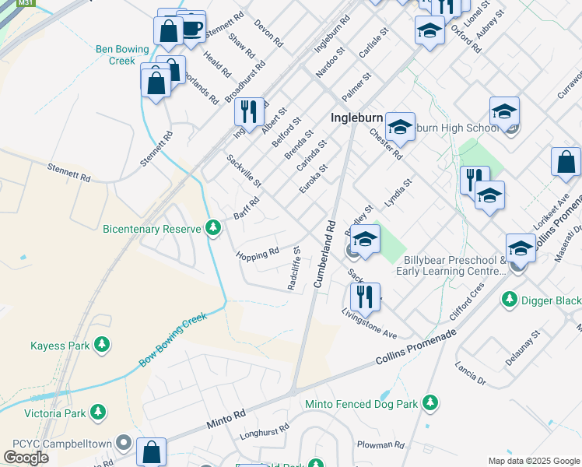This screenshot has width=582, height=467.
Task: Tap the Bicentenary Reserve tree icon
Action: tap(214, 228)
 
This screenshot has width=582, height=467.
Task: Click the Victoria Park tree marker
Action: tap(98, 410)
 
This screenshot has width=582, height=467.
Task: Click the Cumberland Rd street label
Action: tap(325, 255)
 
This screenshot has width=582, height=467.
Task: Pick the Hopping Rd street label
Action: tap(258, 255)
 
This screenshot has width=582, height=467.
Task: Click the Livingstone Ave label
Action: tap(370, 322)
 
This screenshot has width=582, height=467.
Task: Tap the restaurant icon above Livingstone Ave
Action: tap(364, 297)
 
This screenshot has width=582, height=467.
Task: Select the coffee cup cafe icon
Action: tap(191, 30)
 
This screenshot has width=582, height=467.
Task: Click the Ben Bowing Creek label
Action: tap(121, 54)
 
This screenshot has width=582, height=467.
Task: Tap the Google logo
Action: tap(26, 458)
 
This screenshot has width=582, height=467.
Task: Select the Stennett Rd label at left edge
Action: tap(68, 178)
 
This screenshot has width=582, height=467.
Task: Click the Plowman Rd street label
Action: tap(380, 446)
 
